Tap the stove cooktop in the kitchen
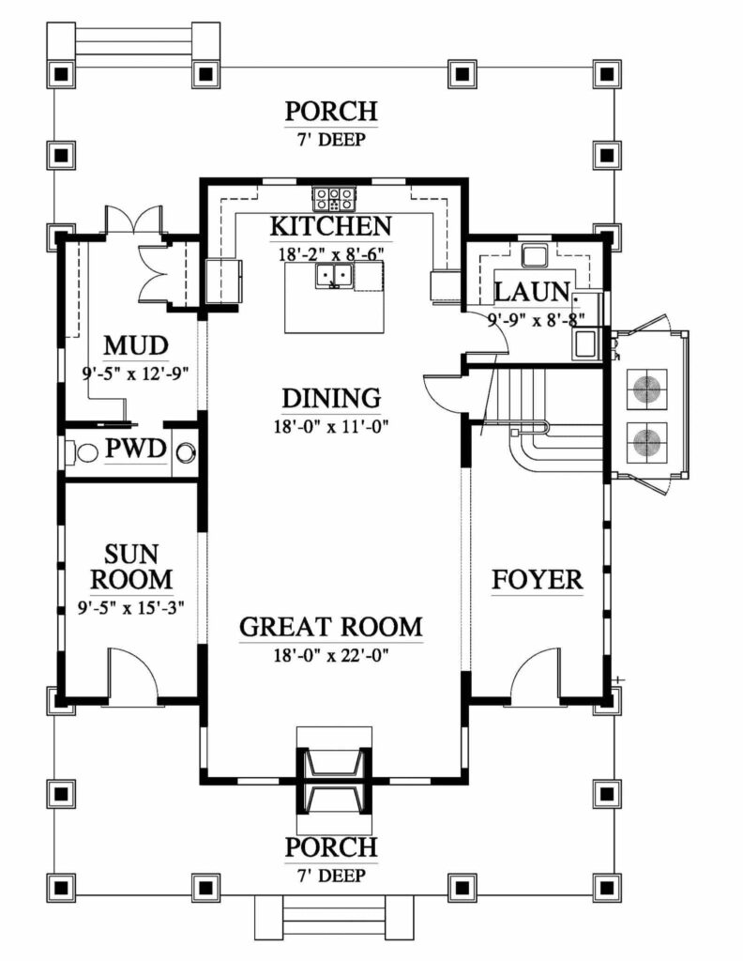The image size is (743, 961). point(334,198)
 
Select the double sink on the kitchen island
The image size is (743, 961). point(334,276)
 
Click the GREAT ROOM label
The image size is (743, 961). point(331,626)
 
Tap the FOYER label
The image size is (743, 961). point(538,580)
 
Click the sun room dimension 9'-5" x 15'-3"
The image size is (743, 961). point(130,607)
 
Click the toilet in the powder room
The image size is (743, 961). point(83,453)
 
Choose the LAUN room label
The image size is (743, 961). point(531,291)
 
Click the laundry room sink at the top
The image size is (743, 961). point(536,254)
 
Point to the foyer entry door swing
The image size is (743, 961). point(536,678)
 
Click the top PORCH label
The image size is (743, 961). point(331,112)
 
